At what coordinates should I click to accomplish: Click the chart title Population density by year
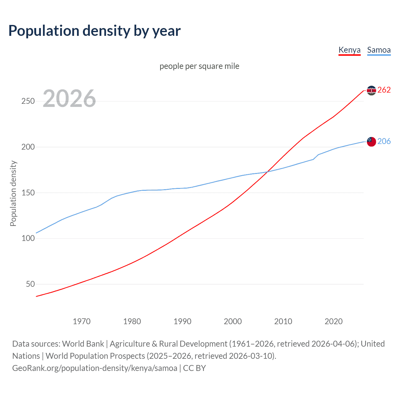coord(94,31)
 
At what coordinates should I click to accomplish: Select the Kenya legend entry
coord(349,50)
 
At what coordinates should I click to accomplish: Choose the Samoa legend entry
coord(379,50)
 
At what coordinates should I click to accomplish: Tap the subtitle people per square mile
coord(199,66)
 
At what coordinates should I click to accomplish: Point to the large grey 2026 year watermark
coord(69,99)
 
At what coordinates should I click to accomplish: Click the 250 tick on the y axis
coord(28,101)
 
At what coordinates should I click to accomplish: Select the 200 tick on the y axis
coord(28,147)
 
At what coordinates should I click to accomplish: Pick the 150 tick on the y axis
coord(28,193)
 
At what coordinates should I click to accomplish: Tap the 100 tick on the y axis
coord(28,238)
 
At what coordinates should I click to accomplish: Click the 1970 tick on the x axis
coord(82,321)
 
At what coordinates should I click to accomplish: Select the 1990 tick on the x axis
coord(182,321)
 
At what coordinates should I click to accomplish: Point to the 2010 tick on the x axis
coord(283,321)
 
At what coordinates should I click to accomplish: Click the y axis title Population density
coord(13,193)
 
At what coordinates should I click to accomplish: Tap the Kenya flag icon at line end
coord(371,90)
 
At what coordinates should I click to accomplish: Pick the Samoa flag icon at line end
coord(371,142)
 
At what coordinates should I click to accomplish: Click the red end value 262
coord(384,90)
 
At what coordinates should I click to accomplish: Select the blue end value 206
coord(384,141)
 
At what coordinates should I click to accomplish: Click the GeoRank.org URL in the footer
coord(95,368)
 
